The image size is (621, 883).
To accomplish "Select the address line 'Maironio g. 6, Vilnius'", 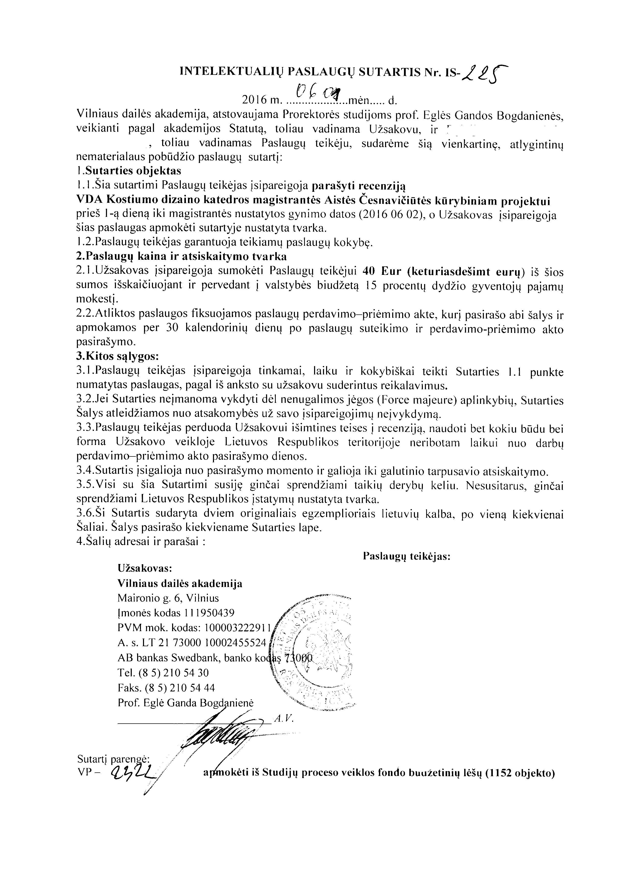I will point(169,598).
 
